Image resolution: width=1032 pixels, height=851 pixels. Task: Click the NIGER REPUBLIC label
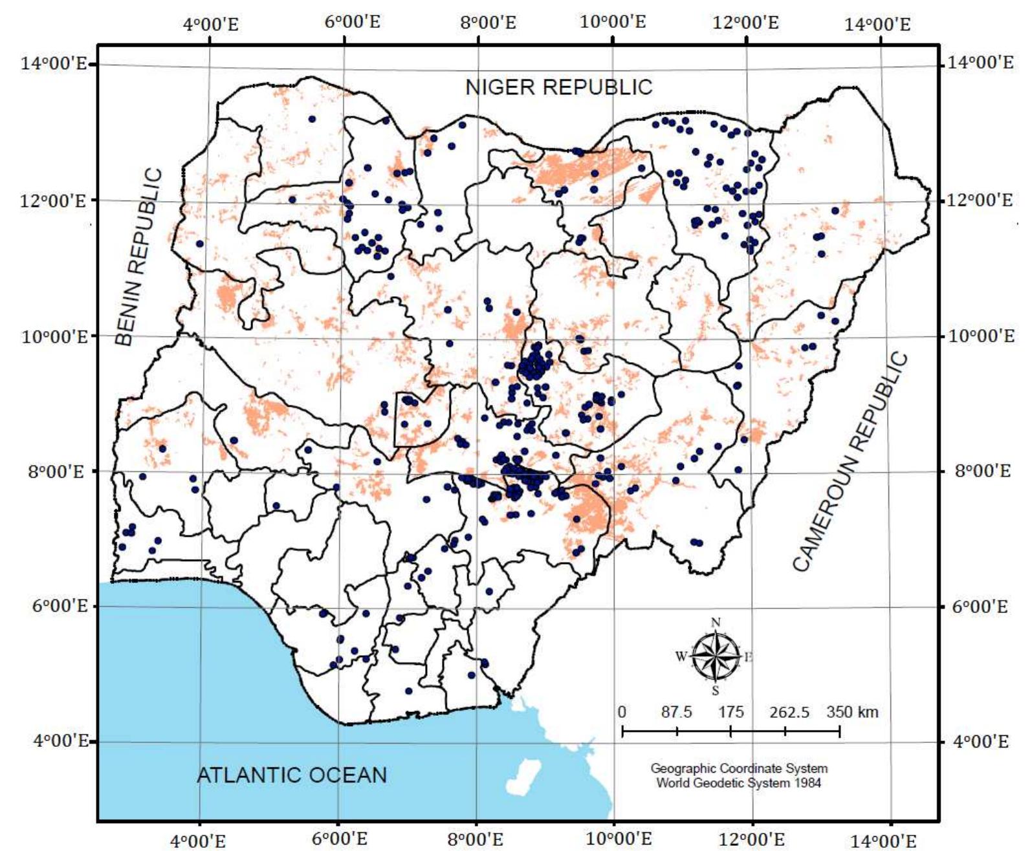(x=559, y=87)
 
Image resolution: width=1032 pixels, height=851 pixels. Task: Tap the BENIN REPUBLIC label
(x=139, y=257)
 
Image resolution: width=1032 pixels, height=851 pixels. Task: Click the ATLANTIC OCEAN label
(x=291, y=775)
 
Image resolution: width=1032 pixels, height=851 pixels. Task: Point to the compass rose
(x=716, y=657)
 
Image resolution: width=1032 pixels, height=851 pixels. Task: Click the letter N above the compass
(x=716, y=623)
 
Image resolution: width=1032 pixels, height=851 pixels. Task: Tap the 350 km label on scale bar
(x=852, y=712)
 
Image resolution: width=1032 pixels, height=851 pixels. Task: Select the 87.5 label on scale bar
(x=676, y=712)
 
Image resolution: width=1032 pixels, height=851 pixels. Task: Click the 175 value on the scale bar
(x=730, y=712)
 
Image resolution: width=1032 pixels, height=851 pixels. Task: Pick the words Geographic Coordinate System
(x=739, y=769)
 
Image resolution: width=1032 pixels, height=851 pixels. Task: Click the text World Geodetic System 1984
(x=739, y=783)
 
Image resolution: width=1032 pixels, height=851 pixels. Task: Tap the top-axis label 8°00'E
(x=489, y=24)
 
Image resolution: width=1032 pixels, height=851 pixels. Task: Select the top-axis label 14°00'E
(x=877, y=25)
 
